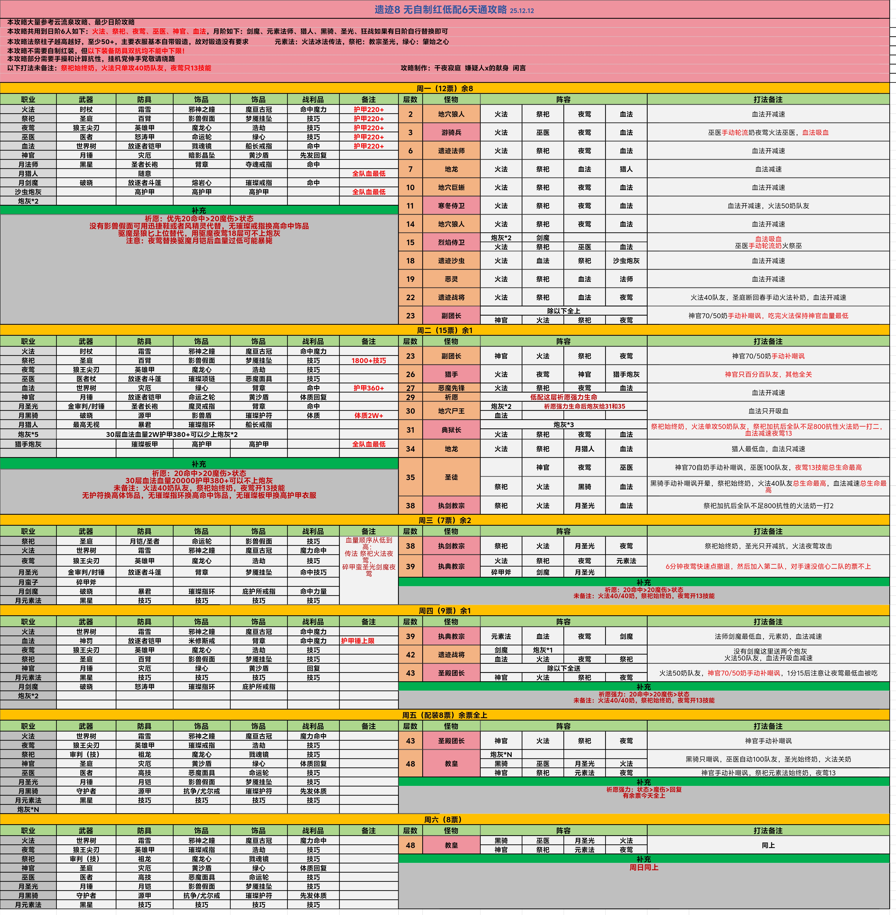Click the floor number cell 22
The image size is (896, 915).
point(410,297)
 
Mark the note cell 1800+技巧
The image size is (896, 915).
point(368,361)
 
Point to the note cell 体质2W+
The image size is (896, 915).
point(368,416)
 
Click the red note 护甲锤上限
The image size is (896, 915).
point(358,641)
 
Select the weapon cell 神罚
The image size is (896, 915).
point(86,641)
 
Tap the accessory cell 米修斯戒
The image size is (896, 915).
point(201,641)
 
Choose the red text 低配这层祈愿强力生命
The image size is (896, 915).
point(563,397)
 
